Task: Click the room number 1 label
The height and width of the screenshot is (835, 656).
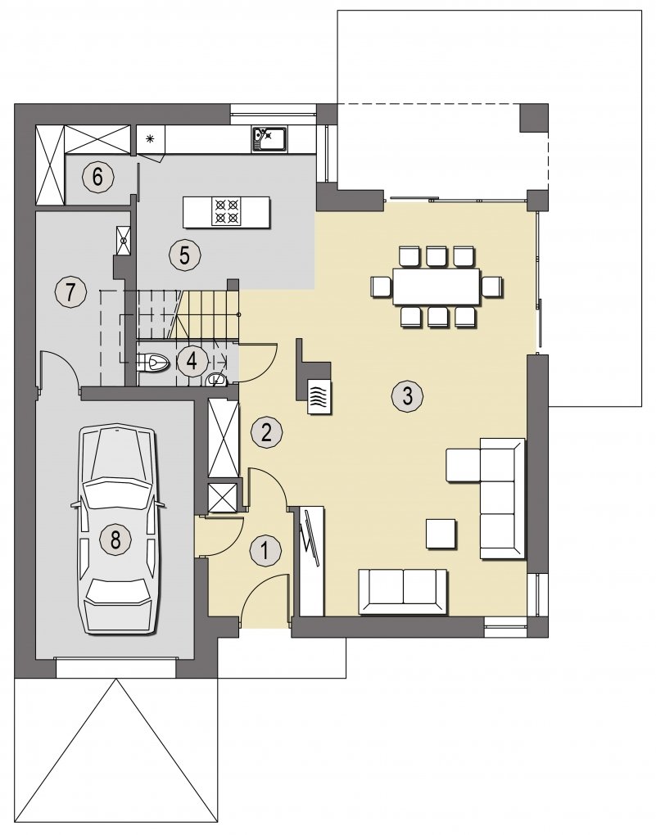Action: point(265,550)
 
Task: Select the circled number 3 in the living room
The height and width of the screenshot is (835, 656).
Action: point(407,395)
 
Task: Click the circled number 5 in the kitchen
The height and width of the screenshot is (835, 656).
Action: point(184,255)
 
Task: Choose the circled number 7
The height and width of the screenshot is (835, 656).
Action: point(70,291)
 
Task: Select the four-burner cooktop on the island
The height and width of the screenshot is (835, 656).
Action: point(227,211)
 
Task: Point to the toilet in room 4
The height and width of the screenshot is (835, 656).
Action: point(153,363)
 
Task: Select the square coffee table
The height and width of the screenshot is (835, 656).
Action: point(441,534)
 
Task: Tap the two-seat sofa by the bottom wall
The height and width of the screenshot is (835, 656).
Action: point(404,591)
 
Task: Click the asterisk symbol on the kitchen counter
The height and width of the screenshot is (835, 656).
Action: point(150,139)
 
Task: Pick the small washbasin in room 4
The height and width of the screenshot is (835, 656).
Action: point(216,380)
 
